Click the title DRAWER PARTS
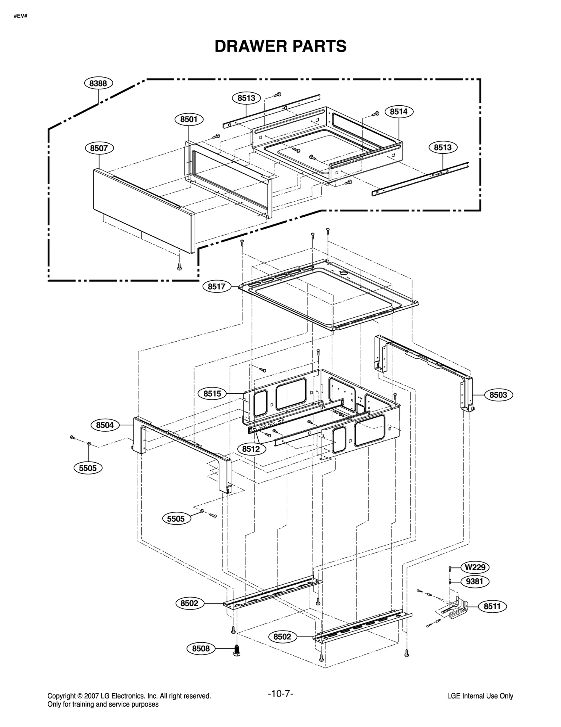(x=280, y=46)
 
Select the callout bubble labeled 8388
(x=98, y=83)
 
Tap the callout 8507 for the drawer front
(x=99, y=148)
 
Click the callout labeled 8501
(x=189, y=119)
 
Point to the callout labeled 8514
(x=399, y=112)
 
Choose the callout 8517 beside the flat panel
(x=216, y=287)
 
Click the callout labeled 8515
(x=212, y=393)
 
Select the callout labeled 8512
(x=251, y=449)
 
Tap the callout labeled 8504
(x=105, y=425)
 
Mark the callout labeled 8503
(x=498, y=395)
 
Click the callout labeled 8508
(x=201, y=648)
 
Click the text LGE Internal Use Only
(x=480, y=696)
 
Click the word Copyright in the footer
(x=61, y=696)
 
